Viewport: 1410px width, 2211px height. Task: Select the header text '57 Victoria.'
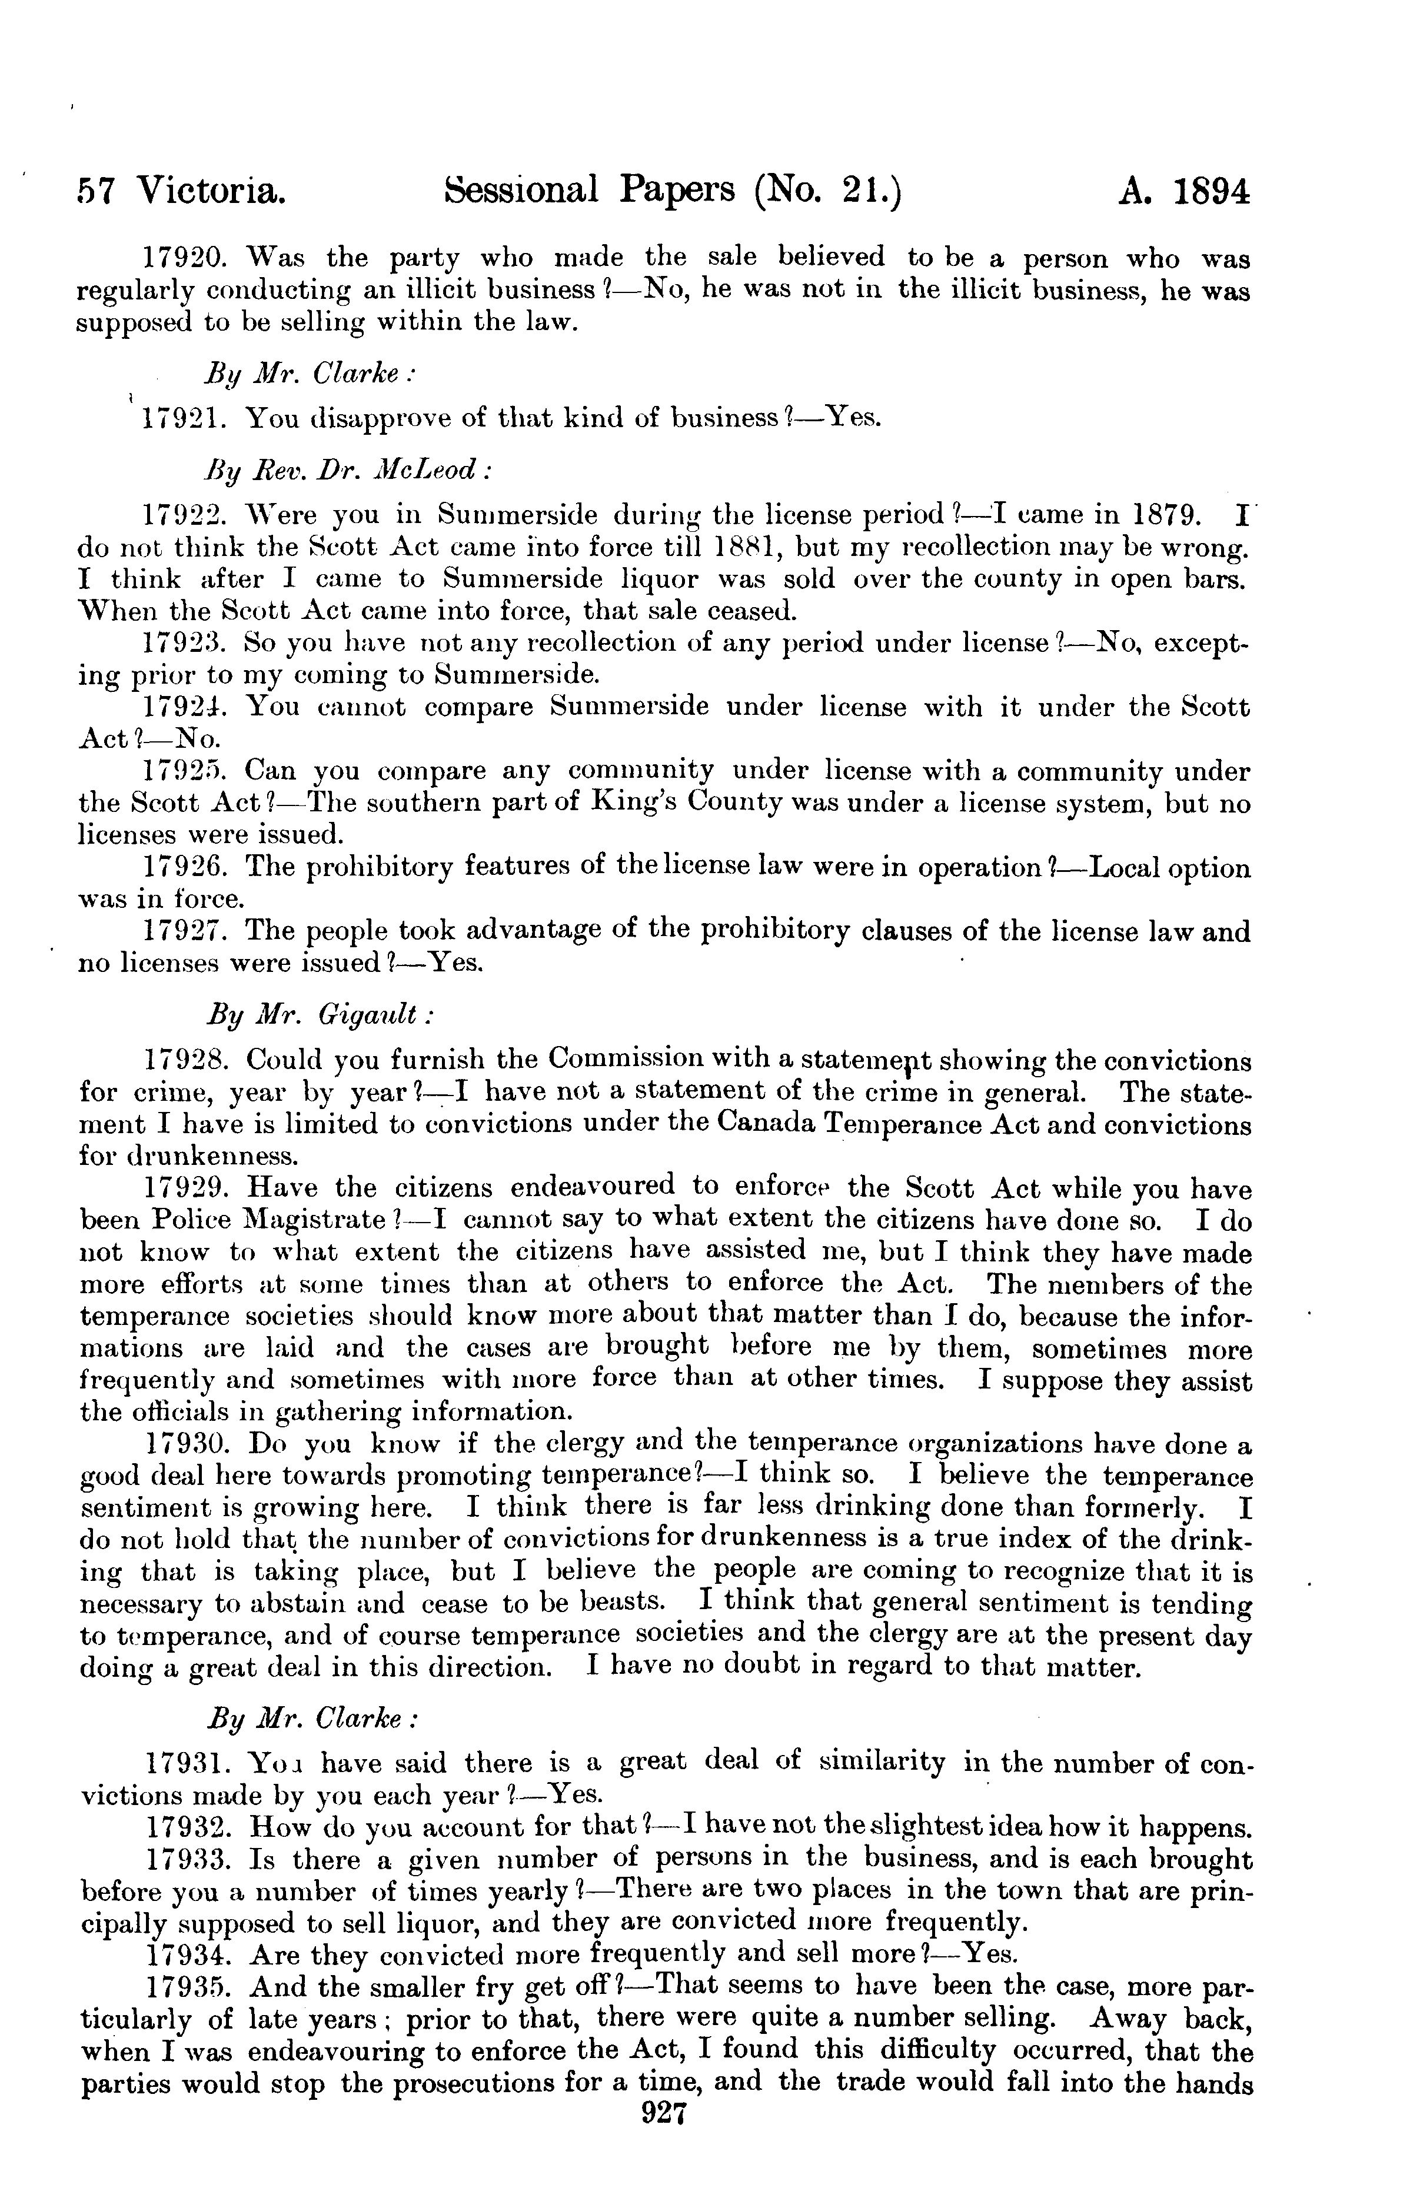click(x=180, y=192)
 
